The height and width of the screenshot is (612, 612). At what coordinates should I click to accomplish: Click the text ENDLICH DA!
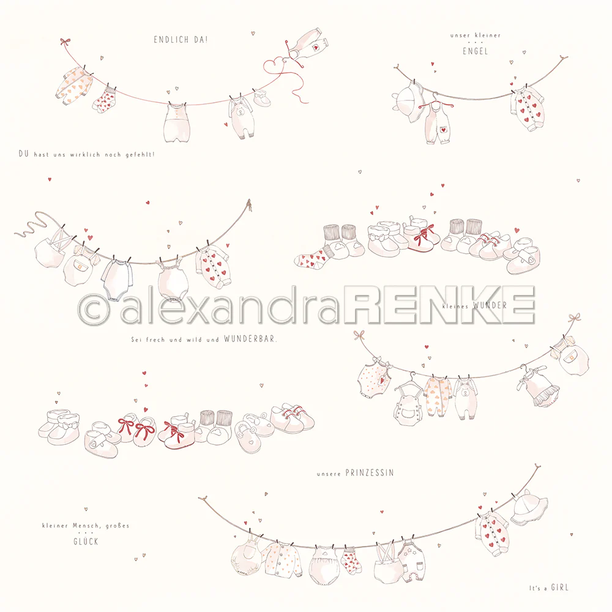(x=181, y=39)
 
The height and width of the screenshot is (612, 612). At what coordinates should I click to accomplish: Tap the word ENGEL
(x=476, y=51)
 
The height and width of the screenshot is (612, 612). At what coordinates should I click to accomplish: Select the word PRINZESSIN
(x=370, y=473)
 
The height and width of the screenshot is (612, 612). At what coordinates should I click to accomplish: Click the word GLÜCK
(x=86, y=541)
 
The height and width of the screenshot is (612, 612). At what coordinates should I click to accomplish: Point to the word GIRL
(x=560, y=588)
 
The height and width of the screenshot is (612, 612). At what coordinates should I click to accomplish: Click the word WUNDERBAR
(x=250, y=339)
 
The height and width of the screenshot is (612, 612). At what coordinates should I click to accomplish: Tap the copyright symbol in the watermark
(x=93, y=308)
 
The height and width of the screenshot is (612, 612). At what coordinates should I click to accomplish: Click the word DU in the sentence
(x=23, y=154)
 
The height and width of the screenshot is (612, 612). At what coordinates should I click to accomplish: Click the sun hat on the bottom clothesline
(x=529, y=507)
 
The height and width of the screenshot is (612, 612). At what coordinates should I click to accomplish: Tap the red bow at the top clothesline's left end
(x=65, y=42)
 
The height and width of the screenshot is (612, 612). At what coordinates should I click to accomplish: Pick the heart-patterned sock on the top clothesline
(x=105, y=100)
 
